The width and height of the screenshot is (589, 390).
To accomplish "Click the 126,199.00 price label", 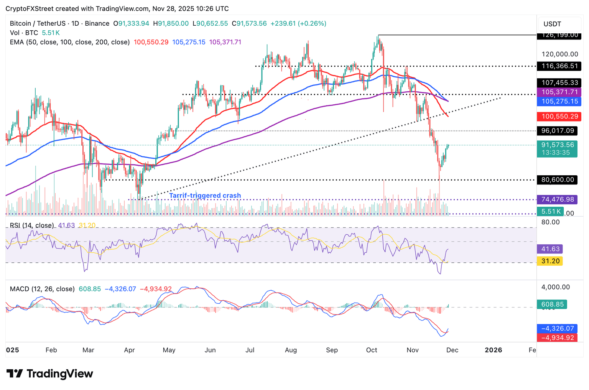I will (559, 35).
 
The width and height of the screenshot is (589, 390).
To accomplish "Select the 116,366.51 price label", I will (559, 66).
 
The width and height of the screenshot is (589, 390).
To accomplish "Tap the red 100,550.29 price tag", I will (559, 116).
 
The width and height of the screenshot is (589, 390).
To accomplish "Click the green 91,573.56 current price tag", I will (558, 145).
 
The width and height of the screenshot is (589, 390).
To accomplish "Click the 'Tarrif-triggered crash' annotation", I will (205, 196).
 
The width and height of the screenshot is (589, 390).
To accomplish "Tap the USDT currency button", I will (552, 24).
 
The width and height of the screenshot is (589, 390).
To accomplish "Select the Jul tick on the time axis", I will (250, 350).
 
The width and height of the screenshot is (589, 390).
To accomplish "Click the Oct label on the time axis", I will (372, 350).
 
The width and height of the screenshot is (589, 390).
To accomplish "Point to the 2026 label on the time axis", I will (493, 350).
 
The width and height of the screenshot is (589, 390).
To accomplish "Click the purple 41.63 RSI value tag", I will (550, 249).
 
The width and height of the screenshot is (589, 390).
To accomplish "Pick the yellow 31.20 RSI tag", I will (550, 261).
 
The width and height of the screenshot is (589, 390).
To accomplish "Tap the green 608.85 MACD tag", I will (552, 304).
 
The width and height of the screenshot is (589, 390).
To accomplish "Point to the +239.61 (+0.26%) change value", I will (298, 23).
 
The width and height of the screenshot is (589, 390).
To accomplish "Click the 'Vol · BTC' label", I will (24, 33).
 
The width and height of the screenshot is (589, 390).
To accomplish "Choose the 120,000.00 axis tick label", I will (560, 54).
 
